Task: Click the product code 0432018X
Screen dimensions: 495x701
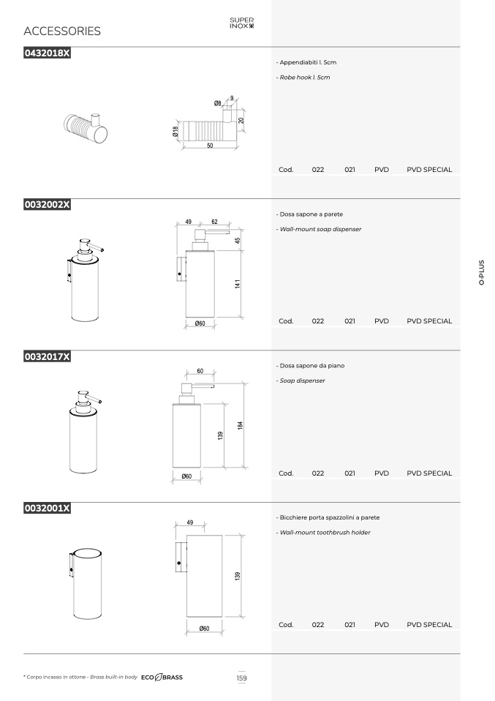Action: (47, 53)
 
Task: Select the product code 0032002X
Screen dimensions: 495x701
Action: (47, 205)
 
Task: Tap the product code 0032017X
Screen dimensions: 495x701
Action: (47, 357)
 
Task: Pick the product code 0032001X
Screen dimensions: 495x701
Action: (47, 509)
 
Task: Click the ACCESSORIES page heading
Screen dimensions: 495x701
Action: (62, 31)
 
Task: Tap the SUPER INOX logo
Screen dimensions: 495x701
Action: (242, 23)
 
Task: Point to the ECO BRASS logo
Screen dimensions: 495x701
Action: (162, 678)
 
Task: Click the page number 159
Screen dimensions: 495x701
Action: (242, 678)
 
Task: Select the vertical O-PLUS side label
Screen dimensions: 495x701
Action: (481, 272)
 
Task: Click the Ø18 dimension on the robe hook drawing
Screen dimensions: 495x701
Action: (175, 131)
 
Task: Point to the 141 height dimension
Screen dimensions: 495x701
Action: (237, 283)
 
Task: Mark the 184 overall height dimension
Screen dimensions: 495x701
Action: (240, 425)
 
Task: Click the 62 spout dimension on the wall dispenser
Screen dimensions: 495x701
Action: (214, 222)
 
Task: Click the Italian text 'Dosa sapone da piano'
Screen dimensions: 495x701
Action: (311, 366)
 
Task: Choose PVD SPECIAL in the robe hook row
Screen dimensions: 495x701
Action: (429, 170)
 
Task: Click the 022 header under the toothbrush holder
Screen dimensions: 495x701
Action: (317, 625)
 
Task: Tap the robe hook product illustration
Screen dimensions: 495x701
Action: (86, 128)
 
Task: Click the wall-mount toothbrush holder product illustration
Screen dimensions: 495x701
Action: (86, 583)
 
